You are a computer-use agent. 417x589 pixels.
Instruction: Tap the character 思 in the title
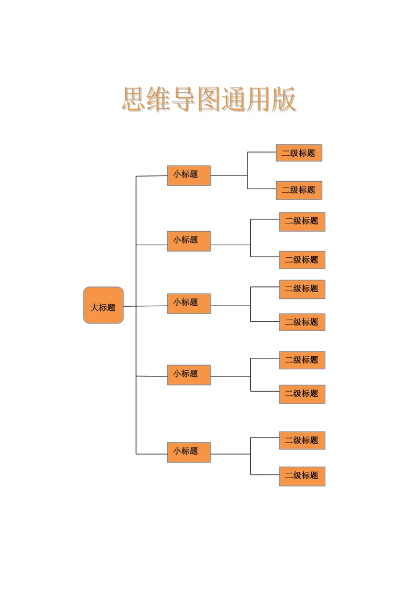pos(134,99)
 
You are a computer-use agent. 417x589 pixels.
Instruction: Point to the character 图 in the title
pos(209,99)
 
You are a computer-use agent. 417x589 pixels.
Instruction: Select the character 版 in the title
pos(284,99)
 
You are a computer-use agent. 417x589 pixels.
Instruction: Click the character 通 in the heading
pos(234,99)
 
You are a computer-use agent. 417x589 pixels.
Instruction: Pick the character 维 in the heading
pos(159,99)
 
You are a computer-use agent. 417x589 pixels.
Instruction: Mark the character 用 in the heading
pos(259,99)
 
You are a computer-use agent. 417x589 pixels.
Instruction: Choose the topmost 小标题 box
pos(189,176)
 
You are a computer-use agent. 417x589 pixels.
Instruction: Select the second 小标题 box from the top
pos(189,241)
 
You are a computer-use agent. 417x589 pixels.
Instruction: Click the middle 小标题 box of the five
pos(189,303)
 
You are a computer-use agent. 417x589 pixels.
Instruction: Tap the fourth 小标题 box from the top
pos(189,375)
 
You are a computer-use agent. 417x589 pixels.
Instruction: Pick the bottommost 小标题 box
pos(189,452)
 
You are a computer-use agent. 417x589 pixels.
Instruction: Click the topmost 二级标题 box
pos(299,153)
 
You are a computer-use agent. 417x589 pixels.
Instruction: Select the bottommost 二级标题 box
pos(302,476)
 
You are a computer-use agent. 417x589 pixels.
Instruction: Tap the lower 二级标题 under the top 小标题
pos(299,190)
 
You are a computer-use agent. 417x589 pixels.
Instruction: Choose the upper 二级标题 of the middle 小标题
pos(302,289)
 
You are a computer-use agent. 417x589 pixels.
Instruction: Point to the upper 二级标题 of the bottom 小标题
pos(302,441)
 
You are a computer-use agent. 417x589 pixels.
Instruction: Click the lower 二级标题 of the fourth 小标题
pos(302,394)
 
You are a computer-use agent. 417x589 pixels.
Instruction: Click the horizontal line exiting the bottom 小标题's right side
pos(230,454)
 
